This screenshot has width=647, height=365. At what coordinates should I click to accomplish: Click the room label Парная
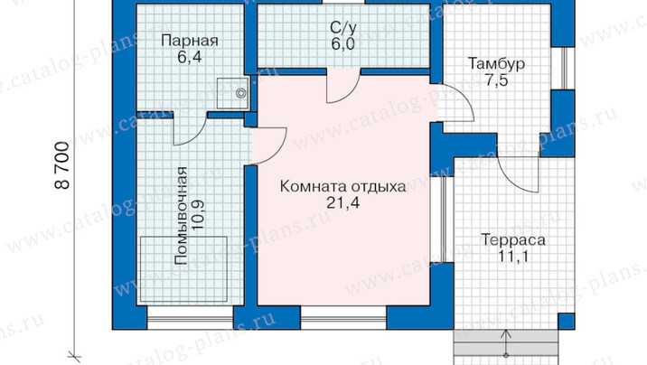tap(190, 41)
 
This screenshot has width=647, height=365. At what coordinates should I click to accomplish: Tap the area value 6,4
tap(190, 57)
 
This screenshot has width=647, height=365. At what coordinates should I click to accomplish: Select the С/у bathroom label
tap(342, 28)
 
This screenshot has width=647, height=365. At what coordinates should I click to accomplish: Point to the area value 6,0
tap(342, 43)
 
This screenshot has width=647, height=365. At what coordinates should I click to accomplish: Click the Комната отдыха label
tap(342, 186)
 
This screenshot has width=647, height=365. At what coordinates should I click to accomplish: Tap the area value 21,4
tap(342, 202)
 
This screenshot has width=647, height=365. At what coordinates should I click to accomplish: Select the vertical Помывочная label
tap(181, 215)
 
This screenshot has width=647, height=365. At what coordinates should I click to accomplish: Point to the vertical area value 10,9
tap(197, 216)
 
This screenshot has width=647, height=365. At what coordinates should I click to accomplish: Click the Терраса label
tap(513, 239)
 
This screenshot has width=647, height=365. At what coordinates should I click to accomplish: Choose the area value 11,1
tap(513, 256)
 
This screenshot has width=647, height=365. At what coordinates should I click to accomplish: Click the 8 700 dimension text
tap(61, 165)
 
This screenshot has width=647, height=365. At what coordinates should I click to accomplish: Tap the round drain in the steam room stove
tap(241, 93)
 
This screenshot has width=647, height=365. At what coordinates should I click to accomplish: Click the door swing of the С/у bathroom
tap(343, 87)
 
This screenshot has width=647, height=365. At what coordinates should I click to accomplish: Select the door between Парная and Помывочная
tap(190, 129)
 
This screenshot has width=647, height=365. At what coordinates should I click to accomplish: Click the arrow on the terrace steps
tap(506, 343)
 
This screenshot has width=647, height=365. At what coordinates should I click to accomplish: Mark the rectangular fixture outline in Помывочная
tap(183, 269)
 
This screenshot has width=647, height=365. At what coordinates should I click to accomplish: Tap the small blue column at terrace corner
tap(566, 321)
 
